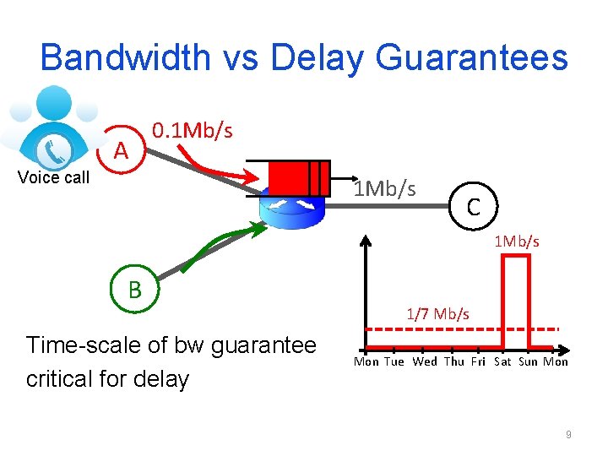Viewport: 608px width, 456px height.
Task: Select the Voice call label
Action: point(53,177)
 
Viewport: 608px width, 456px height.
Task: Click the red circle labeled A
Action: point(122,151)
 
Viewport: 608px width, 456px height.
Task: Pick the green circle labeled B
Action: point(134,290)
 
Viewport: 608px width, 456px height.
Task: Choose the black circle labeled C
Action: point(474,205)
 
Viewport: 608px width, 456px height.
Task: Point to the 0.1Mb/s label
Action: point(192,130)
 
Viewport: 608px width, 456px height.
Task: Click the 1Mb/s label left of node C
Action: point(385,187)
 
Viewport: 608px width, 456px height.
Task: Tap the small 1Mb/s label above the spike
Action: point(517,242)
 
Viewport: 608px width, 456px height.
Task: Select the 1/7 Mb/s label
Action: point(437,314)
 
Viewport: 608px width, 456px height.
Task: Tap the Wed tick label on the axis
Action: point(425,362)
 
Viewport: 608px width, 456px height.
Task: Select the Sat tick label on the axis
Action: point(502,362)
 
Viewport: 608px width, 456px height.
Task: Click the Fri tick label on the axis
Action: point(478,362)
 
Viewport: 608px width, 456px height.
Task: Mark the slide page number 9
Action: point(568,434)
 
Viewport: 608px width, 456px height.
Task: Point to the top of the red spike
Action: point(516,256)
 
